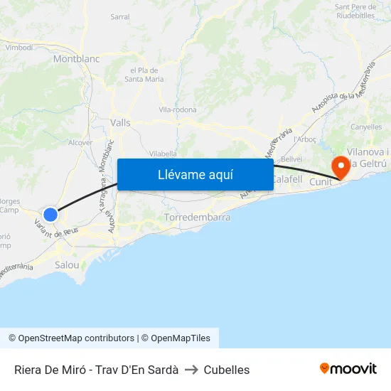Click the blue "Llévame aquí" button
[195, 174]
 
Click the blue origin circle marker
[50, 214]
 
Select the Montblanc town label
[76, 59]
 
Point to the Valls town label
[121, 122]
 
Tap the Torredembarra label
[197, 217]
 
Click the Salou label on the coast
[67, 264]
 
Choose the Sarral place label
[120, 16]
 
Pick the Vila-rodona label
[178, 110]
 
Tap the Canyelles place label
[366, 127]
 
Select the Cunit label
[321, 183]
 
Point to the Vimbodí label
[19, 47]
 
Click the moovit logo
[348, 369]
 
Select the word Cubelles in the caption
[227, 370]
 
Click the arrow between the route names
[191, 370]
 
